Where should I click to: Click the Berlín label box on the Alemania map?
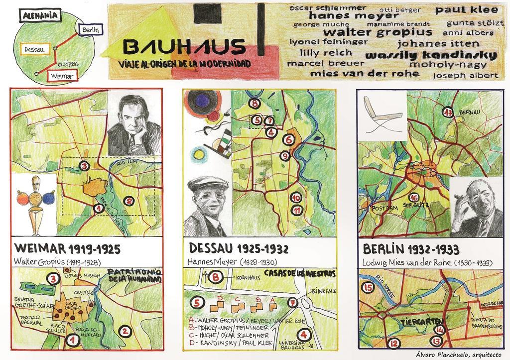pos(90,30)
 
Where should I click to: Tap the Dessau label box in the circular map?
pos(34,49)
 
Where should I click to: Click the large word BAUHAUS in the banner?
pos(184,47)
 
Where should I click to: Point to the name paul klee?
pos(467,9)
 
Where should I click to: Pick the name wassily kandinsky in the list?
pos(431,55)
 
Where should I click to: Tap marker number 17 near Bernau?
pos(447,112)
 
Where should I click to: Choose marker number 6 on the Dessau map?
pos(287,140)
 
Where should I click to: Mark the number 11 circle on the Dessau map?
pos(297,210)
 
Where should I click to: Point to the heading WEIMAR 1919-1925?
pos(68,248)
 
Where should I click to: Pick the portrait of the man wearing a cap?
pos(207,206)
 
